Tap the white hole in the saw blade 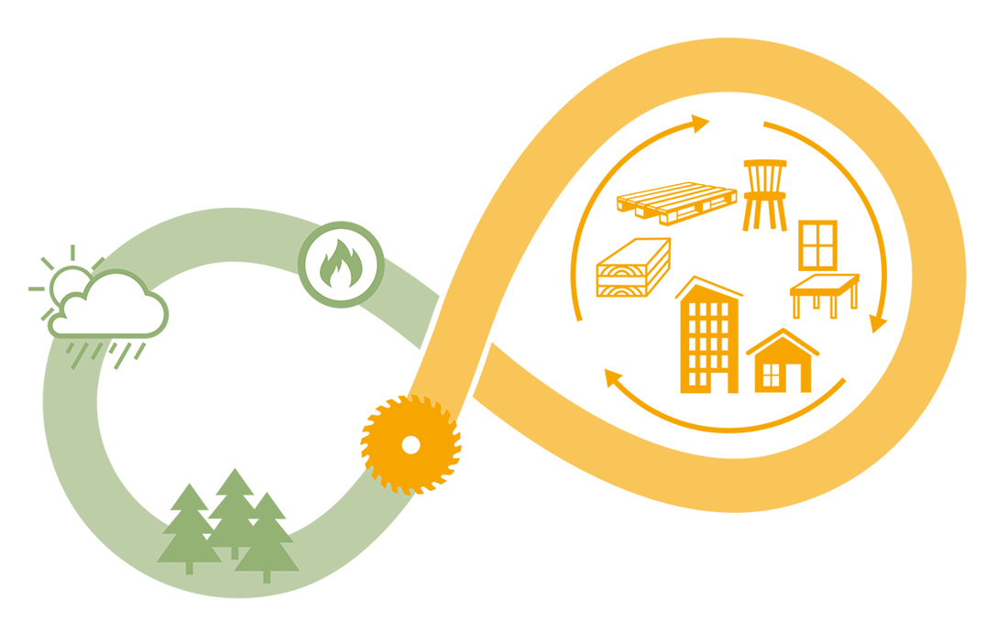coord(411,445)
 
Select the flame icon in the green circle coord(341,264)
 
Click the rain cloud coord(110,308)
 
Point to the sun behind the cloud coord(66,282)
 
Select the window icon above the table coord(817,245)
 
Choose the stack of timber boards coord(633,268)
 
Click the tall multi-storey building coord(708,339)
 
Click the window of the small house coord(772,376)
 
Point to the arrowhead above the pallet coord(701,123)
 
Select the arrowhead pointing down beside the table coord(878,323)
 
